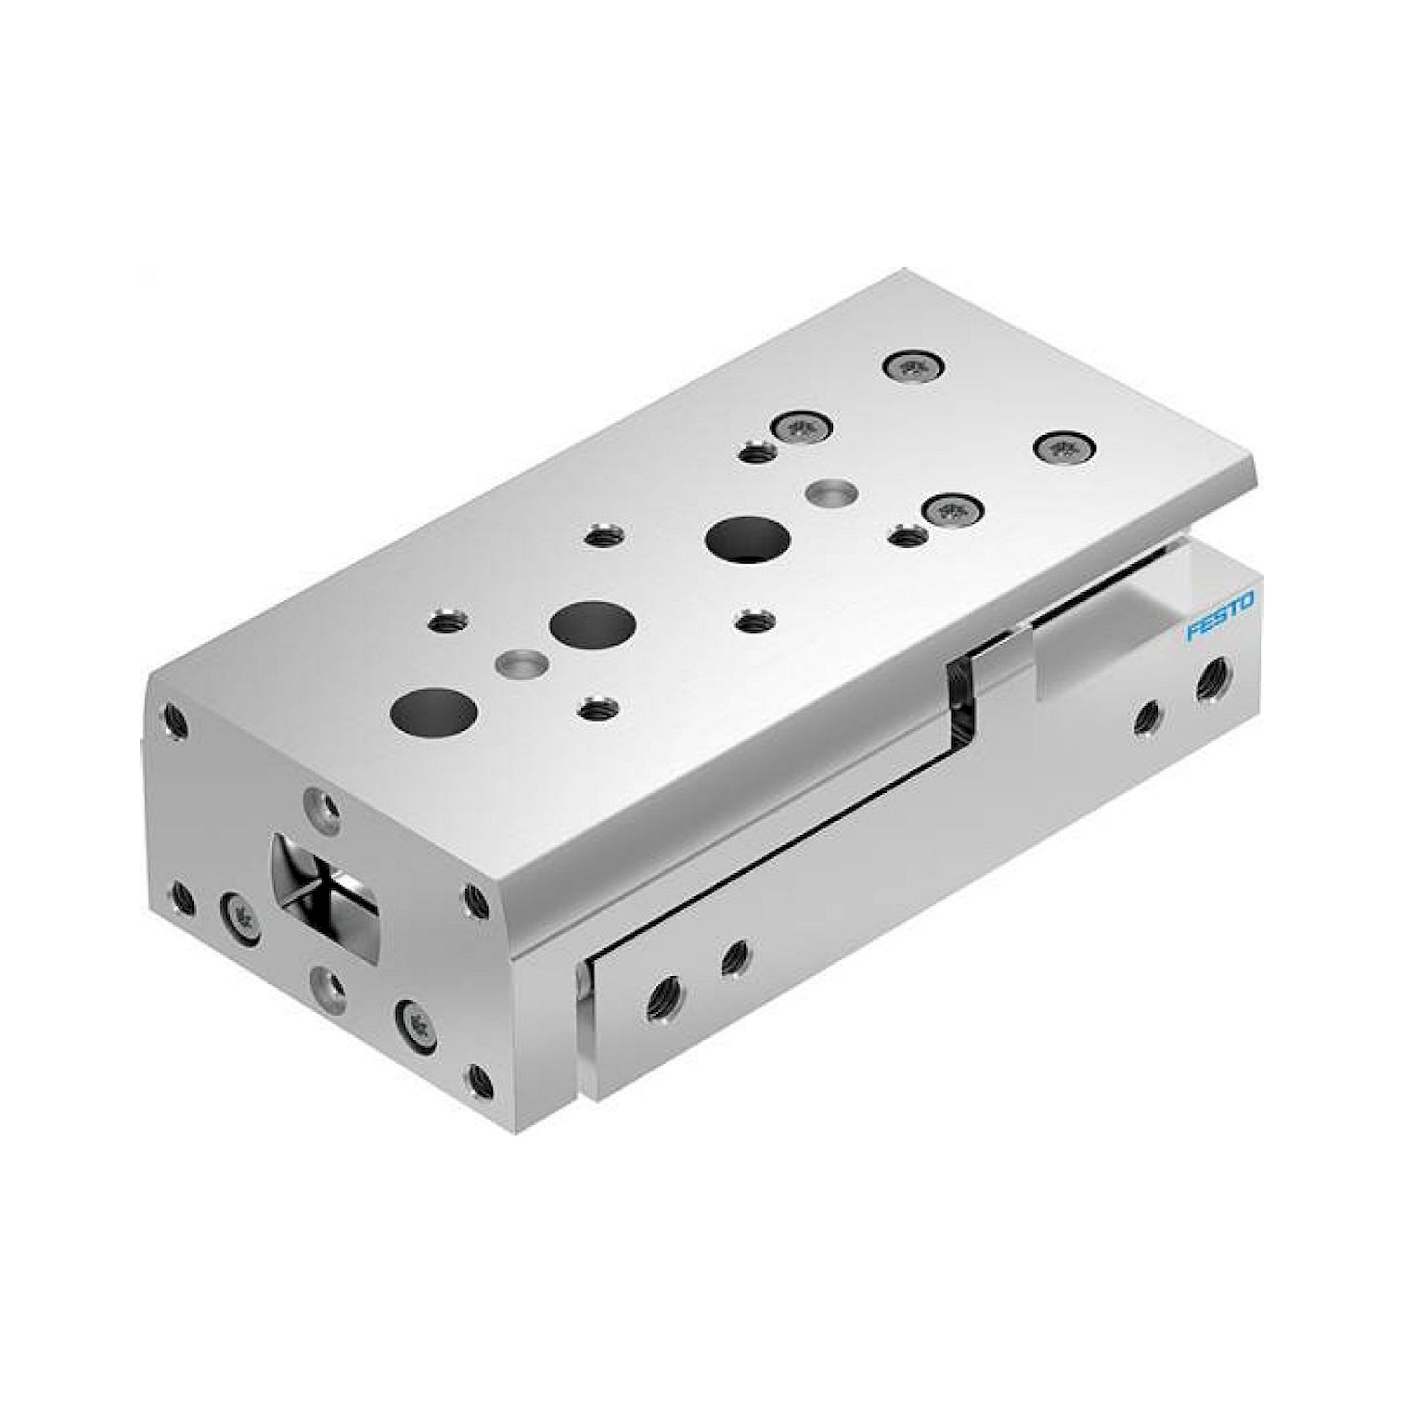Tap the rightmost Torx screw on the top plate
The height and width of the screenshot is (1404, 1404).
(1065, 448)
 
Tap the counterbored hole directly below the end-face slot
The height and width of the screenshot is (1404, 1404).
(329, 986)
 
